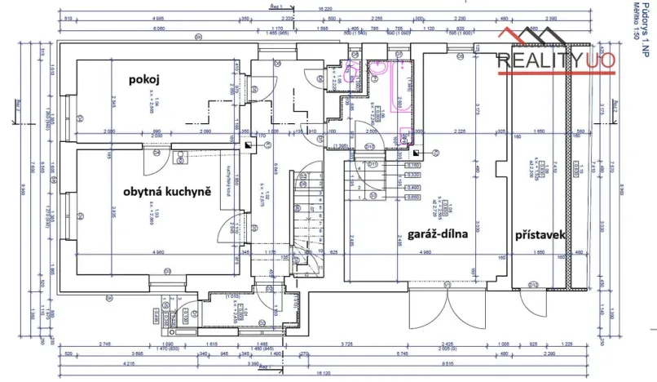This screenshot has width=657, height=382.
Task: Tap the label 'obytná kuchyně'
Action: click(x=167, y=191)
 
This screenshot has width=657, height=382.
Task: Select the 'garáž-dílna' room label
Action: click(x=437, y=235)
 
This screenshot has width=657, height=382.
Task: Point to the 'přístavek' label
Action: click(x=540, y=235)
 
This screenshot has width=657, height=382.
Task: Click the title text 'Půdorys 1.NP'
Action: click(x=644, y=29)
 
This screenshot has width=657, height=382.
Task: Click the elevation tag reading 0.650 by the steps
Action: click(x=413, y=198)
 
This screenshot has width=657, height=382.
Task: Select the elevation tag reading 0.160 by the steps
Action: click(x=413, y=166)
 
